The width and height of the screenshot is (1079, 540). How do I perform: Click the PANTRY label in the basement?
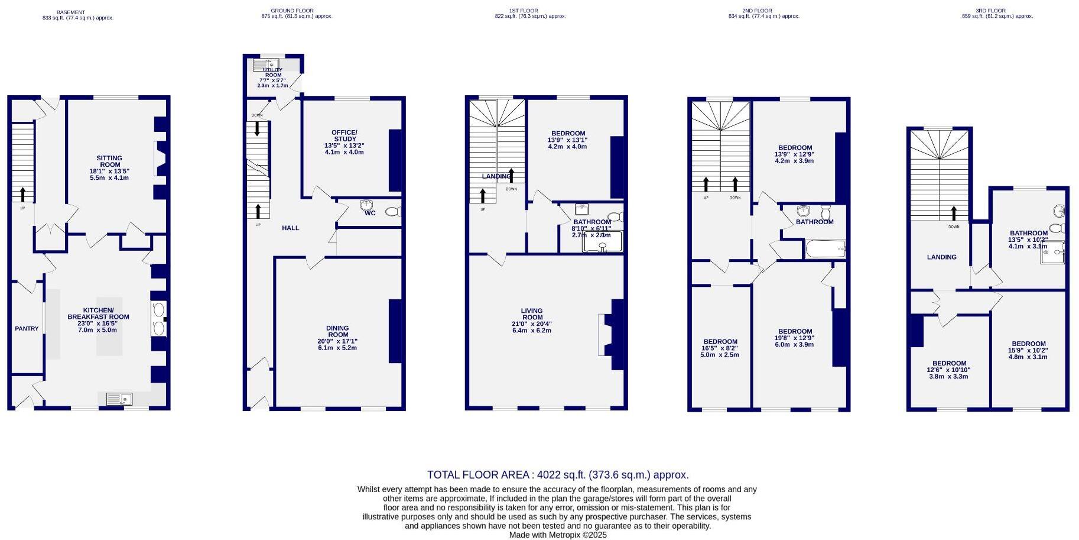tap(27, 329)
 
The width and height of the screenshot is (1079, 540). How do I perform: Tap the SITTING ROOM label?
tap(109, 161)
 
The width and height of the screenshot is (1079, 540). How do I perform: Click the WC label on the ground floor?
tap(370, 213)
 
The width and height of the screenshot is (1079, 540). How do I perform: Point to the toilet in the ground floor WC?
tap(392, 212)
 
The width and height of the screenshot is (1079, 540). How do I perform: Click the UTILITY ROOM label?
tap(273, 73)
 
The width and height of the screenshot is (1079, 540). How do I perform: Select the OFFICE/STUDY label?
tap(344, 135)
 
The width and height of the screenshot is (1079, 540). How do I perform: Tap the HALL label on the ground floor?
tap(290, 228)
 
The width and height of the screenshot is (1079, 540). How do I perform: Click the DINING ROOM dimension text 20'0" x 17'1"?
tap(337, 341)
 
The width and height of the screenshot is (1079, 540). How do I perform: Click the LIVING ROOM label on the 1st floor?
tap(531, 314)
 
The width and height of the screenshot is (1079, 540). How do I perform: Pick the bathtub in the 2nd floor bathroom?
tap(825, 249)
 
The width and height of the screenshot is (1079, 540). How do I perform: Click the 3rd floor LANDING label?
tap(941, 257)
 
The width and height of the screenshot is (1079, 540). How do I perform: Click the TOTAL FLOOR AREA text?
tap(557, 475)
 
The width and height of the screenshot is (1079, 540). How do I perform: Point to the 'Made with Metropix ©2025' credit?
tap(557, 535)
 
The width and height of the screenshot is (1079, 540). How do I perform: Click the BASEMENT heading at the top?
tap(70, 12)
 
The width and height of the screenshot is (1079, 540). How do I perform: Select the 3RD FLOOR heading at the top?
tap(990, 11)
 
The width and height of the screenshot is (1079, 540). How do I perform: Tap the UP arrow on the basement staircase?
tap(23, 194)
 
